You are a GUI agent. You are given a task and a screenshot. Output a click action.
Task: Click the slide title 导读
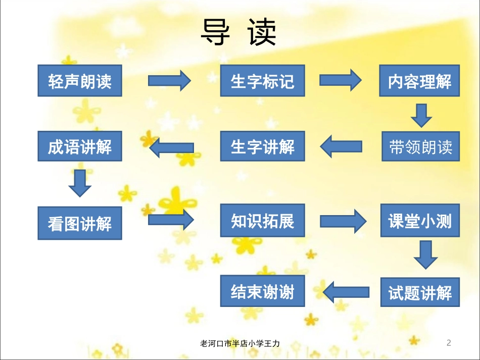tap(238, 34)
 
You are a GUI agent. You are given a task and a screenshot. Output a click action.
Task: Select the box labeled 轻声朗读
tap(80, 81)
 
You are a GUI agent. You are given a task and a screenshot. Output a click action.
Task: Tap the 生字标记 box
tap(262, 81)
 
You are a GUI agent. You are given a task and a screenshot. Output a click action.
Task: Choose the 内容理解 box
tap(420, 81)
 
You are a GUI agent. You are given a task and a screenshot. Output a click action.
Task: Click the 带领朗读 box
tap(420, 146)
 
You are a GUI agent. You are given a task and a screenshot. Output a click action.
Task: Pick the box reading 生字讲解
tap(262, 146)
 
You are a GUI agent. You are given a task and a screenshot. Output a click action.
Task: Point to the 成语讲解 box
tap(80, 146)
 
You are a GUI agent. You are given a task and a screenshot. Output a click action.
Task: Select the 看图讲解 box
tap(80, 223)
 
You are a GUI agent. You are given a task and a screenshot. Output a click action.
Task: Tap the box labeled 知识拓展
tap(262, 221)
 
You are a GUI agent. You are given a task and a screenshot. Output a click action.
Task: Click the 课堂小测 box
tap(420, 221)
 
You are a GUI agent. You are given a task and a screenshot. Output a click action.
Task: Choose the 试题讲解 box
tap(420, 292)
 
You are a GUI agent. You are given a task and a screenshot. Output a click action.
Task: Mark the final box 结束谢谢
tap(263, 291)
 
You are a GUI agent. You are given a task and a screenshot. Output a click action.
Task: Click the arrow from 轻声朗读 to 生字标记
tap(169, 80)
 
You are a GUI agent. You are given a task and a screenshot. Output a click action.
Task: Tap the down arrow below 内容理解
tap(421, 116)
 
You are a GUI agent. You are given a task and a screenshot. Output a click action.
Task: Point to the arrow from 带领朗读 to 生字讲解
tap(342, 146)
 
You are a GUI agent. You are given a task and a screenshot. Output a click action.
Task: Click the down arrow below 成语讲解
tap(80, 183)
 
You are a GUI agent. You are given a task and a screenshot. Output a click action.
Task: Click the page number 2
tap(449, 343)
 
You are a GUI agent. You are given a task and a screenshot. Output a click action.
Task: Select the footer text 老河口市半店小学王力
tap(241, 343)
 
